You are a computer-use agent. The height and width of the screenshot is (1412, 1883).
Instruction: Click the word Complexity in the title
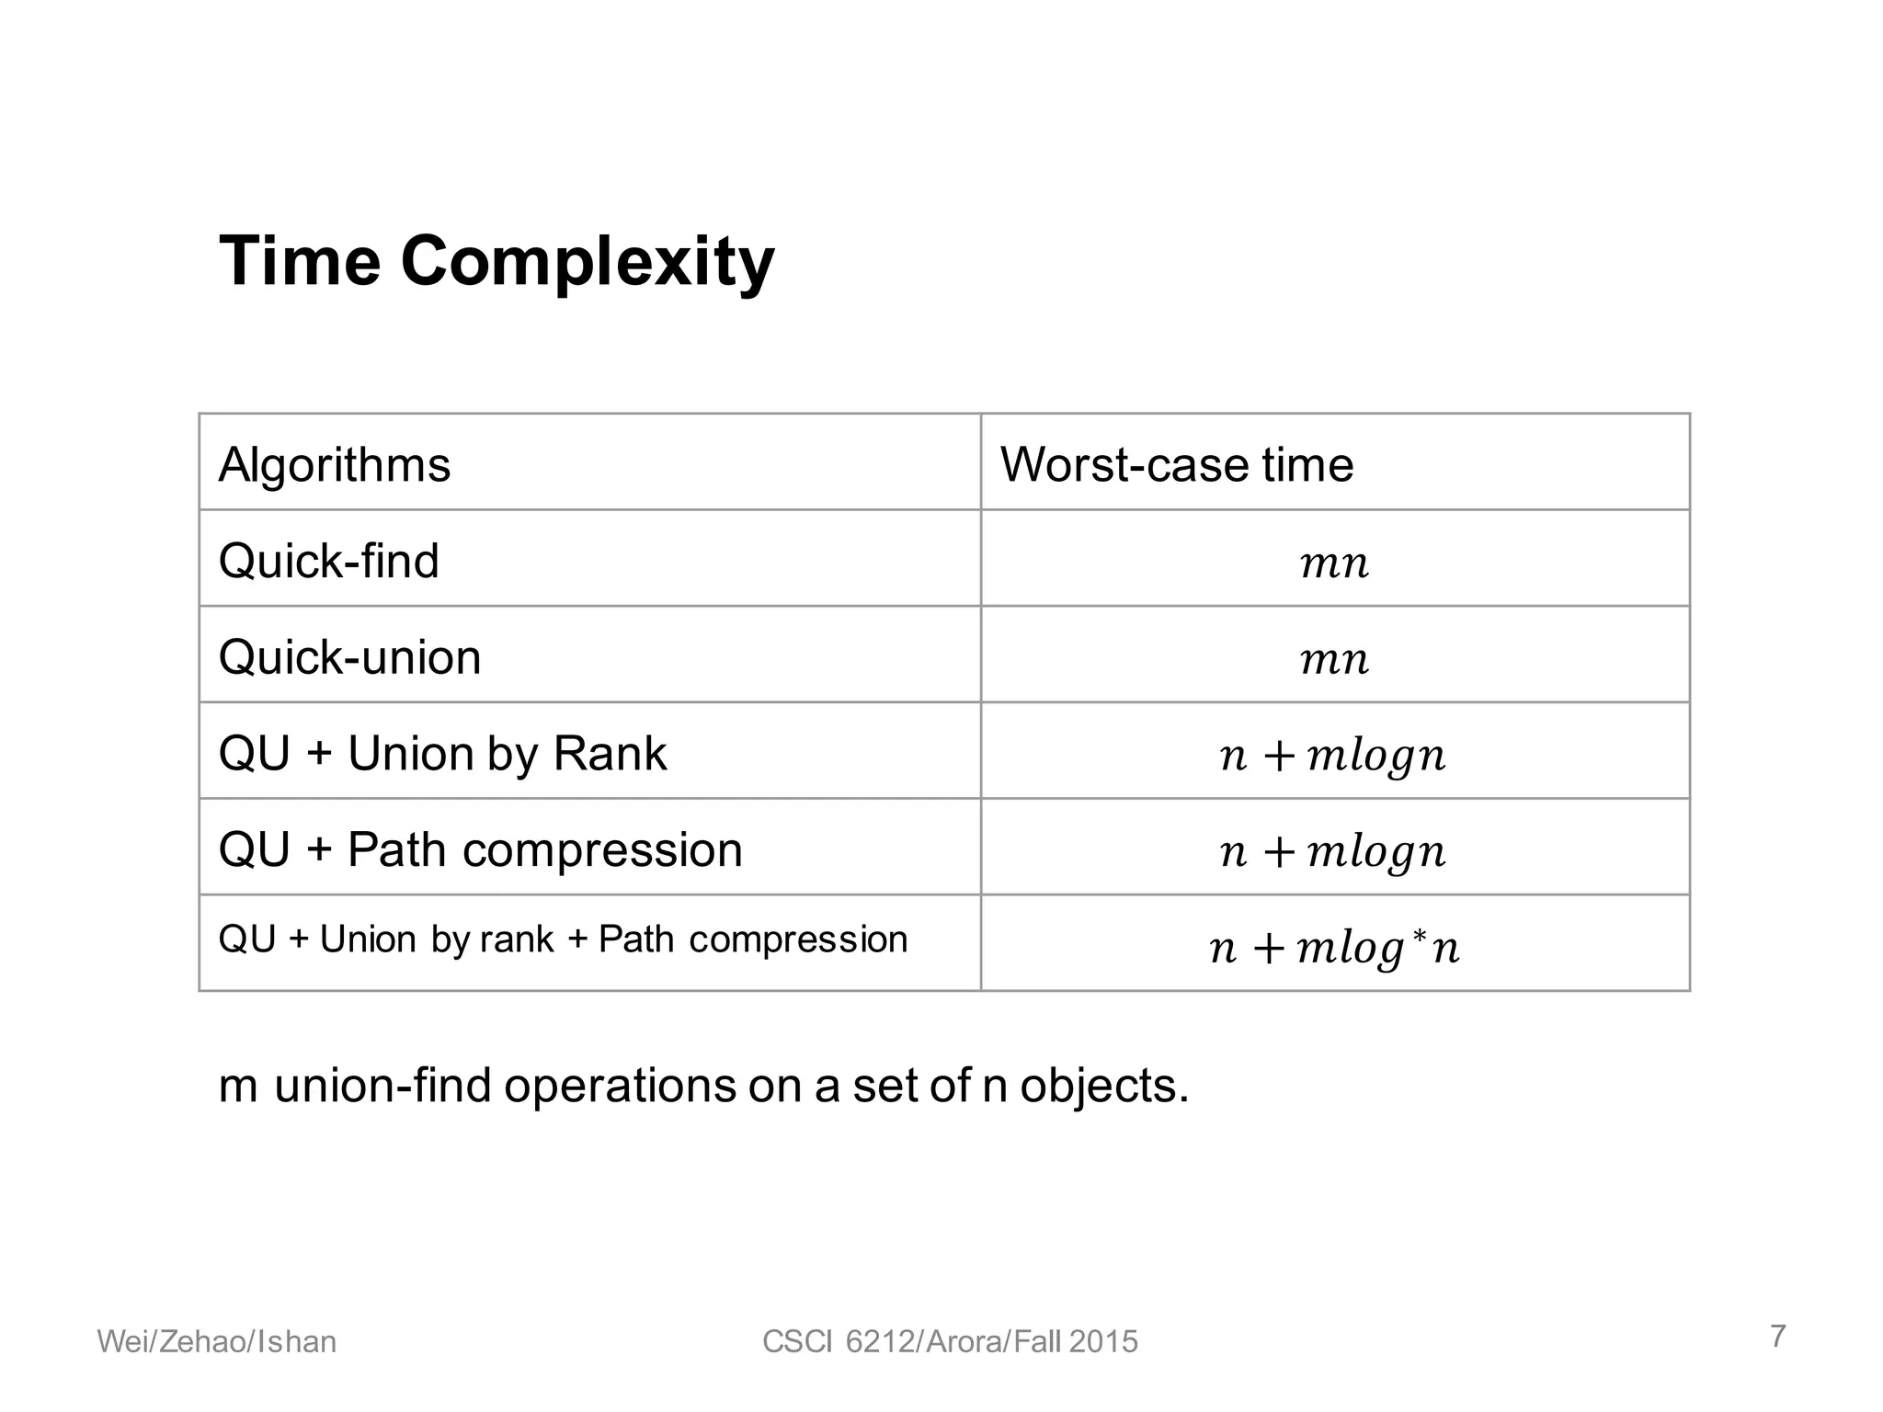[x=588, y=262]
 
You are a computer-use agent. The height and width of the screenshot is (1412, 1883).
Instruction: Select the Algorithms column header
[x=335, y=464]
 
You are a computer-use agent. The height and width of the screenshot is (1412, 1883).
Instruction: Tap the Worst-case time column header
[x=1177, y=464]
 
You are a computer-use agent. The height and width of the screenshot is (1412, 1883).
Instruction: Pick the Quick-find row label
[x=328, y=561]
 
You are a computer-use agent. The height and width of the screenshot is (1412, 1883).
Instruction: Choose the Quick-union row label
[x=349, y=657]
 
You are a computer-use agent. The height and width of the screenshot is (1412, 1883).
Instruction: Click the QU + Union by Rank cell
[x=442, y=754]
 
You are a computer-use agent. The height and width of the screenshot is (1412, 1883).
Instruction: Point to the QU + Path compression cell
[x=480, y=849]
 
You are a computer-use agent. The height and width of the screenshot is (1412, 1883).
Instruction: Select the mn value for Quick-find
[x=1335, y=563]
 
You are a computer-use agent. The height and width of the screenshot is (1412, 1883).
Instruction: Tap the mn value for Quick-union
[x=1335, y=659]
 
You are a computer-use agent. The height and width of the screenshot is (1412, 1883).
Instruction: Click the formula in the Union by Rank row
[x=1333, y=756]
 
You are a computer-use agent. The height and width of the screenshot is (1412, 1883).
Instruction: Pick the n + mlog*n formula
[x=1333, y=948]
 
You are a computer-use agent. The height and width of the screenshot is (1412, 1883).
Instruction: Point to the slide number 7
[x=1778, y=1336]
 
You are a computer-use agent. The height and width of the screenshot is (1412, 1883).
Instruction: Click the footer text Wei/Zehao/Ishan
[x=217, y=1342]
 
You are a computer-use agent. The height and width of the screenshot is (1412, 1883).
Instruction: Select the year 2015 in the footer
[x=1104, y=1342]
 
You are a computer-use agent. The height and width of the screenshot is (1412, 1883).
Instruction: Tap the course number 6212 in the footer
[x=878, y=1342]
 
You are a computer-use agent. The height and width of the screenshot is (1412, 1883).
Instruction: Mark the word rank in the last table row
[x=518, y=939]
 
